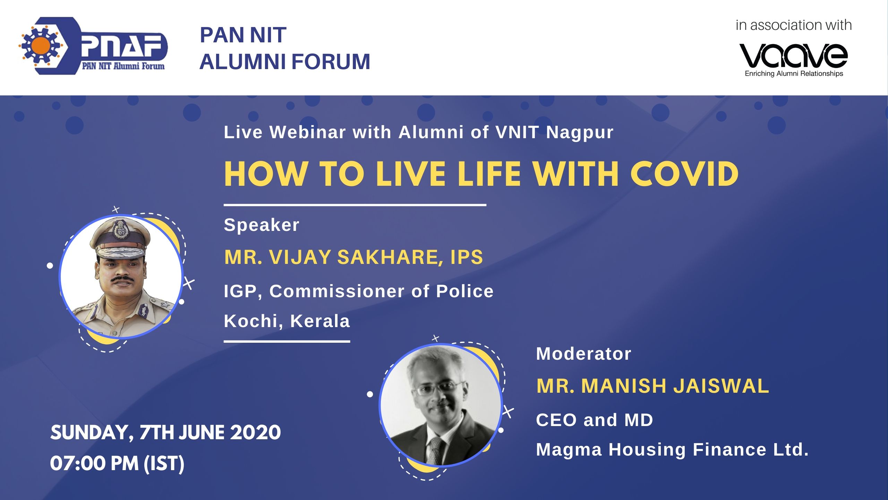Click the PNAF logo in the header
pyautogui.click(x=93, y=45)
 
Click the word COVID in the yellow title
pyautogui.click(x=684, y=174)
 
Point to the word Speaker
pyautogui.click(x=262, y=225)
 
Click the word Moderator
pyautogui.click(x=583, y=354)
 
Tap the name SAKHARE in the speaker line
pyautogui.click(x=390, y=257)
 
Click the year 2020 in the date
pyautogui.click(x=255, y=433)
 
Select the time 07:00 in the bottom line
pyautogui.click(x=77, y=464)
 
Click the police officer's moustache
pyautogui.click(x=122, y=278)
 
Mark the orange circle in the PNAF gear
pyautogui.click(x=42, y=45)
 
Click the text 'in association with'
pyautogui.click(x=794, y=25)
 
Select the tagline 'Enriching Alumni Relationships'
pyautogui.click(x=794, y=74)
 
